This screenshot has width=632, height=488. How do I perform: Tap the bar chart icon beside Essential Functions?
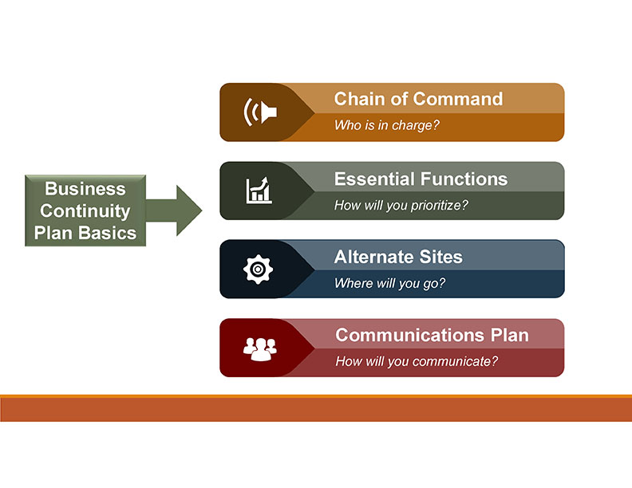point(259,191)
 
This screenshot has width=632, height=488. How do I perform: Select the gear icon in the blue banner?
point(258,270)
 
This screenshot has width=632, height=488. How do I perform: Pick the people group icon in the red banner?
point(259,348)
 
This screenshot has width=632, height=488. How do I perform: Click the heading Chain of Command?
point(418,99)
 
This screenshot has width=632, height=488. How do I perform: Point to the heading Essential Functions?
point(421,179)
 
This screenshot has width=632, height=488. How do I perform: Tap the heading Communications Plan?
point(432,335)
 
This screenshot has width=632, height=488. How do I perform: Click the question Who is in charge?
point(387,125)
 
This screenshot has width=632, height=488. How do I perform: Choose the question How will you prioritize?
point(401,205)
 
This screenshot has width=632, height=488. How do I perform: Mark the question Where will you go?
point(389,283)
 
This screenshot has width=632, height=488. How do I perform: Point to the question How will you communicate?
point(417,361)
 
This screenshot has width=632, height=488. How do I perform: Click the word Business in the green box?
point(85,189)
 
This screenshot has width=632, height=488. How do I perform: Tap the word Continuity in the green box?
point(85,211)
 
